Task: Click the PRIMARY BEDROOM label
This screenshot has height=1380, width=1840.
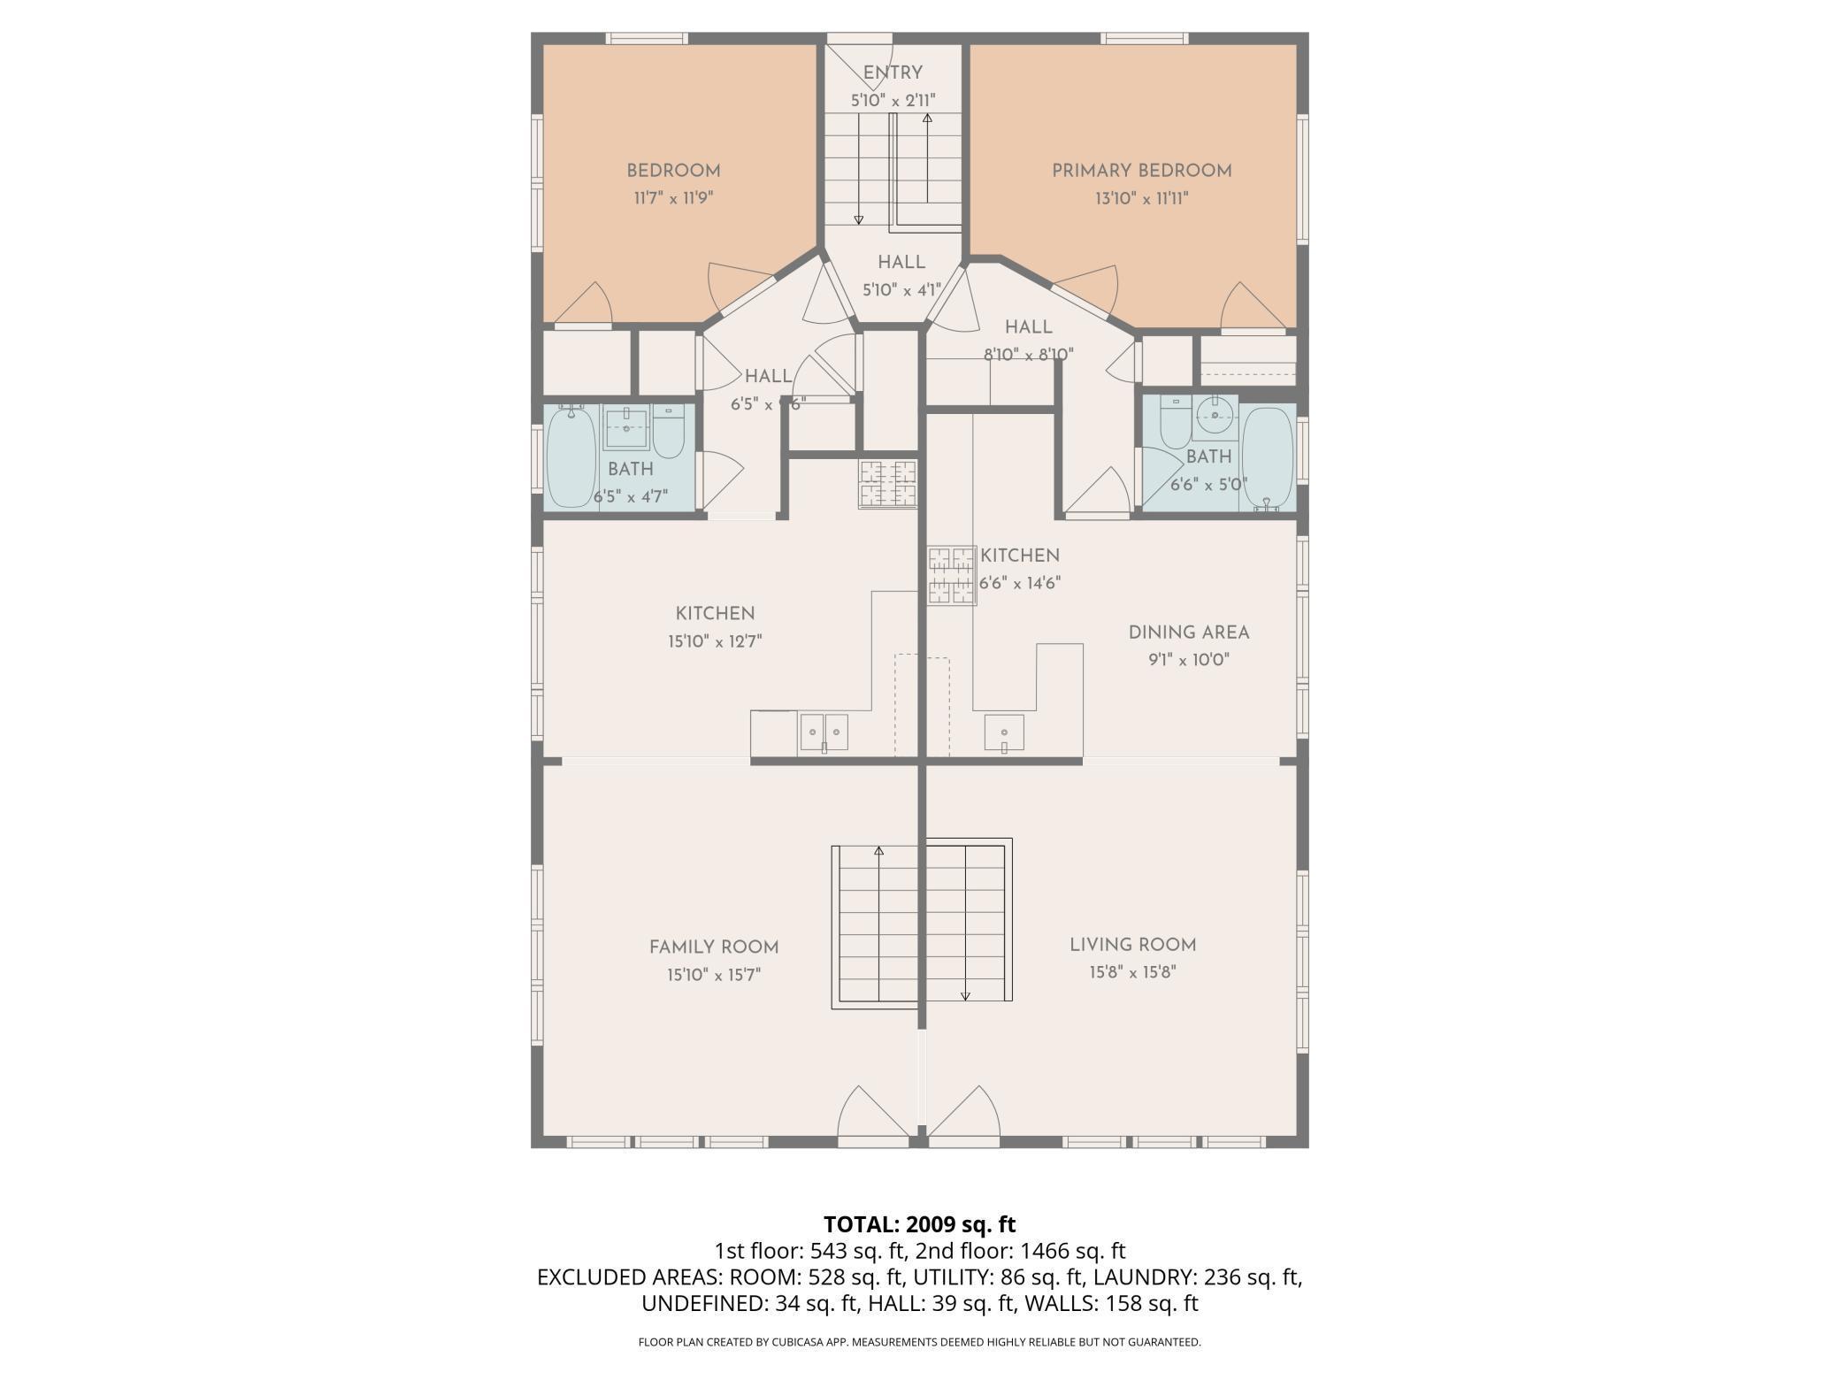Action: (1141, 171)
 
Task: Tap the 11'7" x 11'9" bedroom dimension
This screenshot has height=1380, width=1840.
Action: (673, 198)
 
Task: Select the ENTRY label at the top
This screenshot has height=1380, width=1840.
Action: (893, 73)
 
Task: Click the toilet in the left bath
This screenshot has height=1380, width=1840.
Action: (669, 431)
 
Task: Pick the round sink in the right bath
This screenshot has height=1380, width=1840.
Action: (1215, 416)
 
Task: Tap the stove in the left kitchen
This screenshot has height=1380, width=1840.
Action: (887, 484)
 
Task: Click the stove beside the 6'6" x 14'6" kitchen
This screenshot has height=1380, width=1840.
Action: (951, 575)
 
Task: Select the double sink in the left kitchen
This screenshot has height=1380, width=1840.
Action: (824, 732)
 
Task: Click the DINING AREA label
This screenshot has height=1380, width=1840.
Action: (1189, 632)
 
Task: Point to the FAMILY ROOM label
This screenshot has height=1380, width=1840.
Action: (714, 947)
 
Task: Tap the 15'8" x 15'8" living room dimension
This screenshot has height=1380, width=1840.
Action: (1132, 973)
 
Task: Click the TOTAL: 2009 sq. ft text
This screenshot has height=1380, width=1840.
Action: (920, 1224)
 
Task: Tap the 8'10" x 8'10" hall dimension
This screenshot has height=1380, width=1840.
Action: (1028, 355)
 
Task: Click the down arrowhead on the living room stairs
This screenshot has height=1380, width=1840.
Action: (965, 996)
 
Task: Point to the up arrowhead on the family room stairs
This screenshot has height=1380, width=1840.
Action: (878, 851)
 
